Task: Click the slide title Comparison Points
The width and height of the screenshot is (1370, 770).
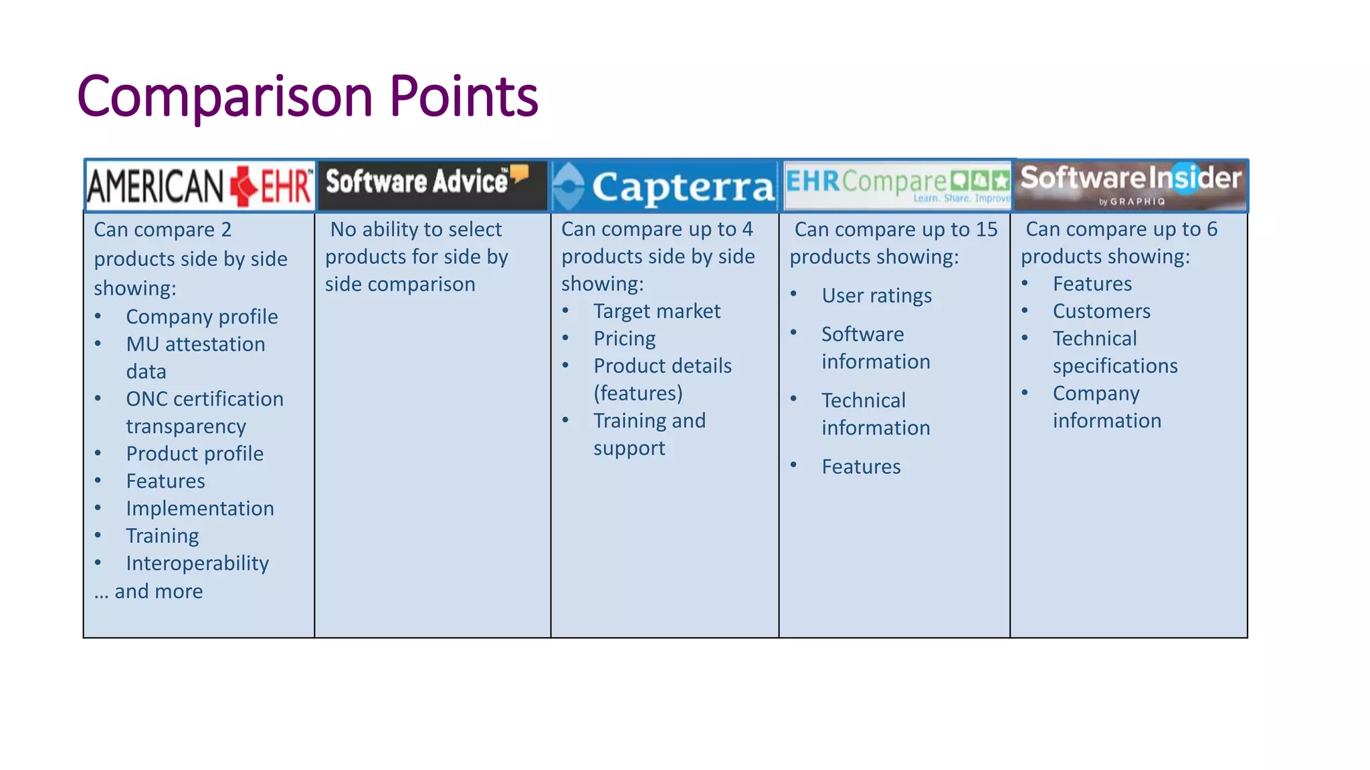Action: click(x=308, y=97)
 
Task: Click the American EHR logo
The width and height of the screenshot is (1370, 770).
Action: click(x=199, y=186)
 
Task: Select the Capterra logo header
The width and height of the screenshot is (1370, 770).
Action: click(x=664, y=186)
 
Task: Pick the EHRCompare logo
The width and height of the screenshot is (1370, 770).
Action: click(x=896, y=184)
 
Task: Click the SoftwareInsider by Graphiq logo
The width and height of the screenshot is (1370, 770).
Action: click(x=1131, y=184)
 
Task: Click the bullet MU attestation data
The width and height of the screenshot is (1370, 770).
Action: click(x=195, y=357)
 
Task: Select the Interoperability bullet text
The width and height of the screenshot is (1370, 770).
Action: click(x=197, y=563)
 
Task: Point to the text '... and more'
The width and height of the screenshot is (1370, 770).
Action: click(x=149, y=592)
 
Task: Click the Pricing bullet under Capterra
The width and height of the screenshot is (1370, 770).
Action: click(x=624, y=338)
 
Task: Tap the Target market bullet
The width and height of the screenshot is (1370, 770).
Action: click(x=656, y=311)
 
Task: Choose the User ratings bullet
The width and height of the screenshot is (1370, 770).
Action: click(x=876, y=295)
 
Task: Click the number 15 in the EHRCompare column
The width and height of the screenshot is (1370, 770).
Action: click(x=986, y=229)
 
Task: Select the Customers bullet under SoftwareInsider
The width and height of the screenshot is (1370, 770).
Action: click(x=1101, y=311)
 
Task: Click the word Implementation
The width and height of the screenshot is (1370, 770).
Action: click(x=199, y=508)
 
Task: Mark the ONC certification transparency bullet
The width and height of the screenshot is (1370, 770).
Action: click(x=204, y=412)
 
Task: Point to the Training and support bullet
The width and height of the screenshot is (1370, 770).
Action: click(x=649, y=433)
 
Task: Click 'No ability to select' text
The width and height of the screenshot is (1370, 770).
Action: click(x=416, y=229)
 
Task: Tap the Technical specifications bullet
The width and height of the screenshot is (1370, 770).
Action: click(x=1114, y=352)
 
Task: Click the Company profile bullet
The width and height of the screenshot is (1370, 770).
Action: click(x=201, y=316)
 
